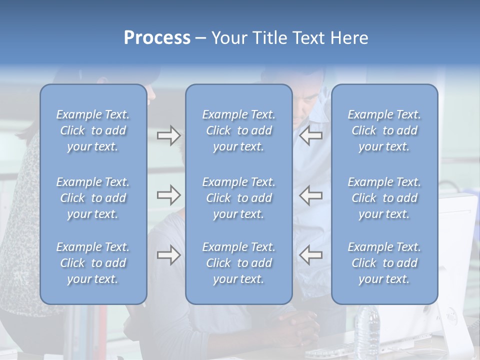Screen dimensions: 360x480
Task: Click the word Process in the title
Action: (x=157, y=38)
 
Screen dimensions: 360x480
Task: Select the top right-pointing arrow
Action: (x=168, y=135)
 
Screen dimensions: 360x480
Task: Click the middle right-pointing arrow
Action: (x=168, y=195)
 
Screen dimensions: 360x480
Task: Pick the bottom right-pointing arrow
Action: (x=168, y=255)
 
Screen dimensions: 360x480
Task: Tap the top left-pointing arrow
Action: (x=310, y=135)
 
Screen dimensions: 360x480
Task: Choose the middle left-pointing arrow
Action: (x=310, y=195)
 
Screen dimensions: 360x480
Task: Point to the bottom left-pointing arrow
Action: (x=310, y=255)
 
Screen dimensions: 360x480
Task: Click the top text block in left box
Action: (x=93, y=130)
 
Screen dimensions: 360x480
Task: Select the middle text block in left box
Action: (x=93, y=198)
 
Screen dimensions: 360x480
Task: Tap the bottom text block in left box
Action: (x=93, y=263)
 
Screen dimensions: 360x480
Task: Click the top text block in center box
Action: (x=239, y=130)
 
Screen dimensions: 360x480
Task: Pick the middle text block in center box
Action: (x=239, y=198)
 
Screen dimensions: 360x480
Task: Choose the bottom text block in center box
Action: (x=239, y=263)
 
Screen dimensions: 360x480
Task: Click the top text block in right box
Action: (x=384, y=130)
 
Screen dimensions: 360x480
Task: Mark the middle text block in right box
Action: (x=384, y=198)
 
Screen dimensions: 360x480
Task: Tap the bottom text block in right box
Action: (x=384, y=263)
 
